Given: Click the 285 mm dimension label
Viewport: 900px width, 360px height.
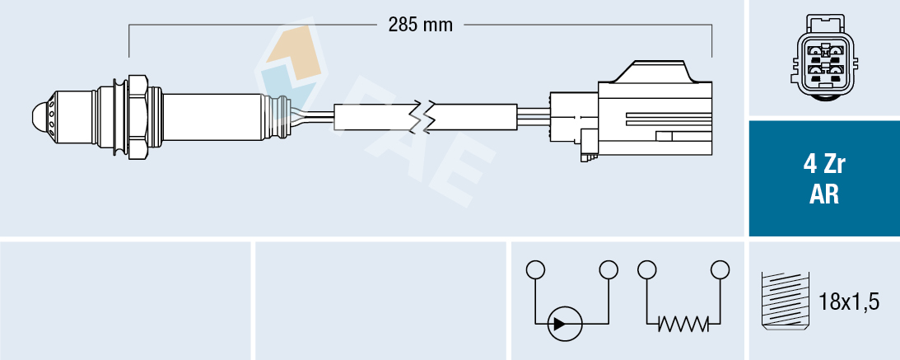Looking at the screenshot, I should [x=421, y=25].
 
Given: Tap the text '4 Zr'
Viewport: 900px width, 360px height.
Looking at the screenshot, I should [x=824, y=164].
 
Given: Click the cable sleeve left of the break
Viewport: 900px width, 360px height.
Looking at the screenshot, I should [x=375, y=117].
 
